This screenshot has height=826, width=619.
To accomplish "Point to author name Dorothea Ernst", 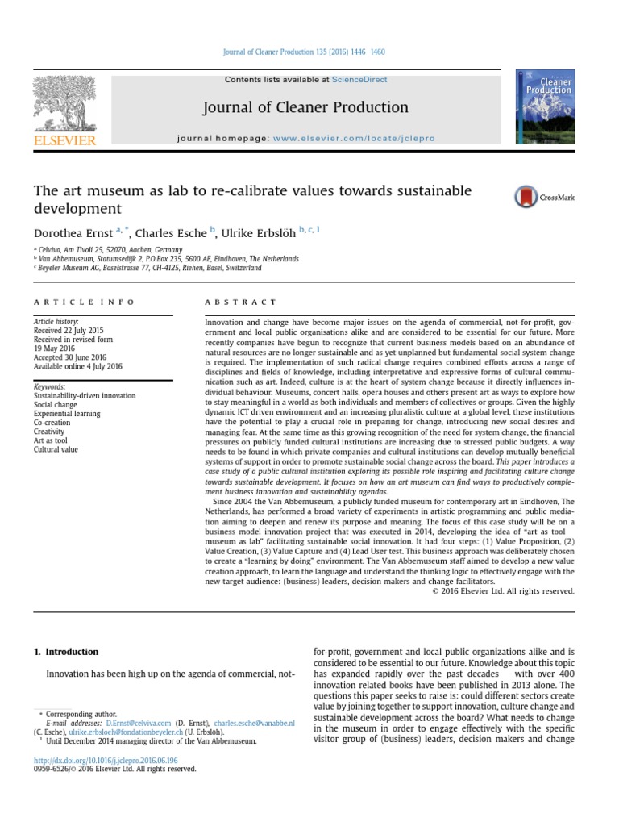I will pos(72,231).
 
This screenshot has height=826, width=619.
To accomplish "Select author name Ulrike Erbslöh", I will pos(259,231).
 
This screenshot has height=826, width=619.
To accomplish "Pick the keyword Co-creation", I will pos(52,423).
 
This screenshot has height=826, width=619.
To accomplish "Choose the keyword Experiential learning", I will pos(67,414).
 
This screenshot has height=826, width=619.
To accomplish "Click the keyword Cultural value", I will pos(56,449).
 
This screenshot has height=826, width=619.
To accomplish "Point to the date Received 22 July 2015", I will pos(69,331).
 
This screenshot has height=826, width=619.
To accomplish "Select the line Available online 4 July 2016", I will pos(77,366).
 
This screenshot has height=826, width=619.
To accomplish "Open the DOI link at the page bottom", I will pos(106,760).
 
